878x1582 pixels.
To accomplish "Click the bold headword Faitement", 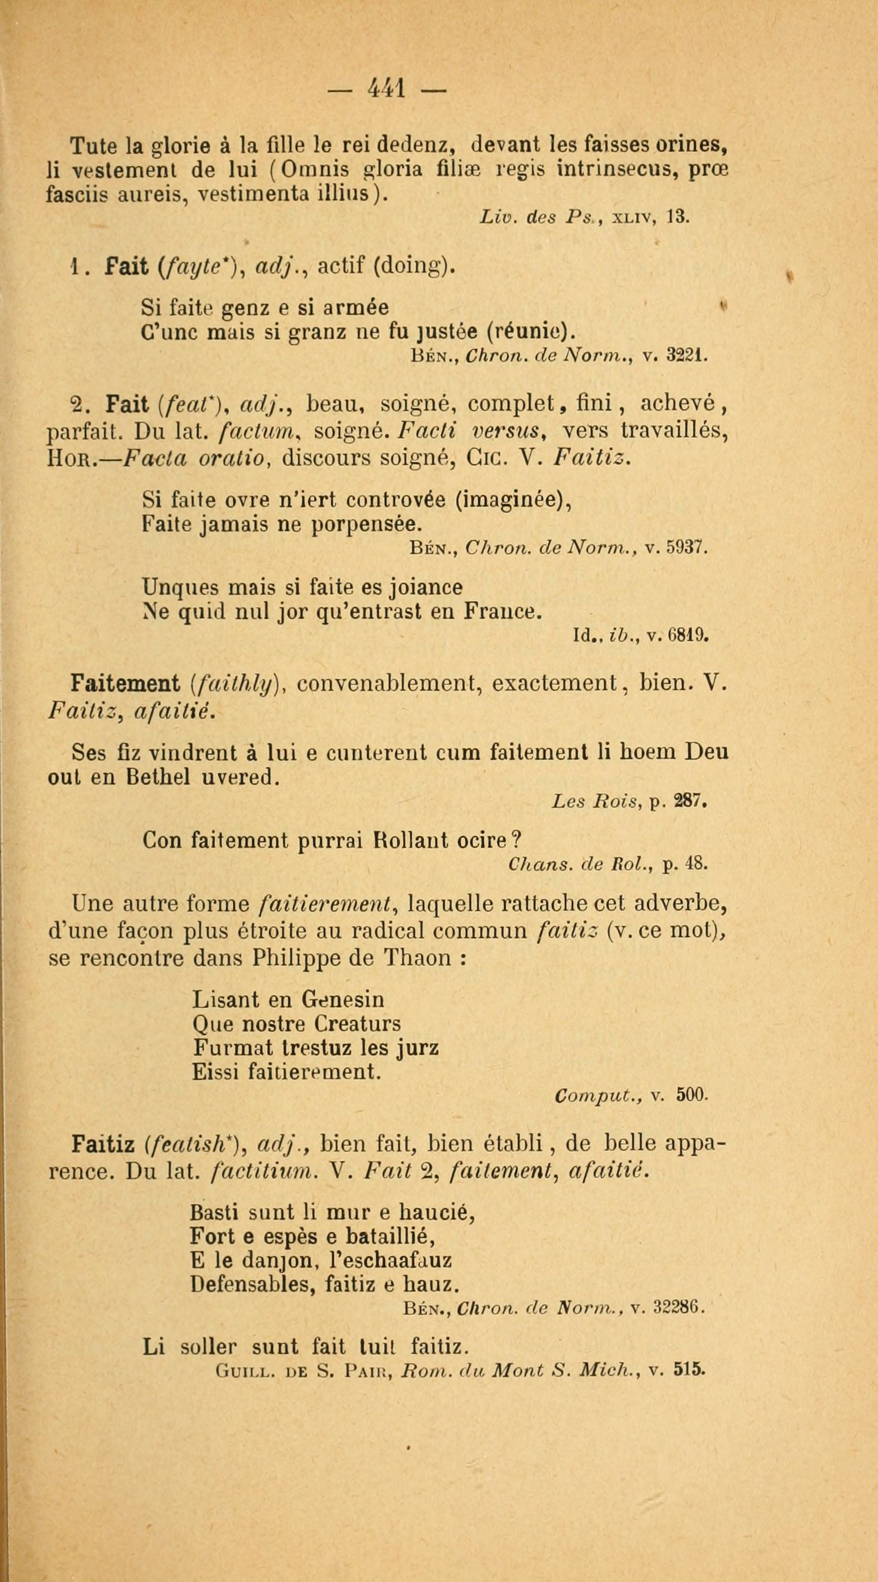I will [124, 683].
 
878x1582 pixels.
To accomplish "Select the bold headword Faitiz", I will [102, 1144].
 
